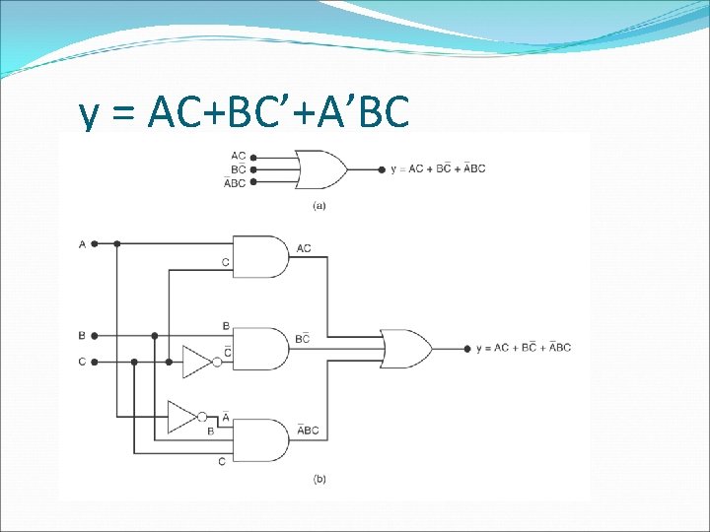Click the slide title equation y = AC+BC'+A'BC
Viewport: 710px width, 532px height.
(x=244, y=114)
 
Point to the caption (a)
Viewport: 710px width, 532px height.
(x=319, y=205)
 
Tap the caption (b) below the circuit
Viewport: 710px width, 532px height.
(x=319, y=479)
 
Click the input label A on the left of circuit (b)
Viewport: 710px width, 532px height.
(x=82, y=243)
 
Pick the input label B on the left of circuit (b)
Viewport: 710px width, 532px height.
(x=82, y=334)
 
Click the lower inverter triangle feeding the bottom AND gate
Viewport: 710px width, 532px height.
(x=183, y=417)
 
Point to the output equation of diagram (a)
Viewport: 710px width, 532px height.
(x=438, y=169)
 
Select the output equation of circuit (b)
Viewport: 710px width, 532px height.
(x=523, y=348)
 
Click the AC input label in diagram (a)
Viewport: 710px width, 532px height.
(x=239, y=156)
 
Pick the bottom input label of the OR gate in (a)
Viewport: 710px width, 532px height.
(x=236, y=183)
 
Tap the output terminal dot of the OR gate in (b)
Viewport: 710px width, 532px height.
(x=466, y=348)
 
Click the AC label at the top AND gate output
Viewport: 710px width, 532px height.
(x=303, y=248)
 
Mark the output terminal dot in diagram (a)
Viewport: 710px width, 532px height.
(x=383, y=169)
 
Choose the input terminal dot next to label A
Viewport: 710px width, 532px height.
(x=95, y=243)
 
